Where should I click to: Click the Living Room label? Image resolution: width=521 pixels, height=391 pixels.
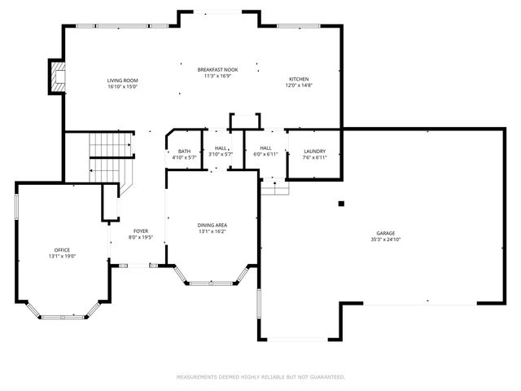[124, 80]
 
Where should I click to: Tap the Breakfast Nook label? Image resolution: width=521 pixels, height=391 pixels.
[217, 70]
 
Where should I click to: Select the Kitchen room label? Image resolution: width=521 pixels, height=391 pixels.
[299, 79]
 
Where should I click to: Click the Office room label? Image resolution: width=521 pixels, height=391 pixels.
[62, 250]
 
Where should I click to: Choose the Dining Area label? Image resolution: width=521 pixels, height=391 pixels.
[212, 225]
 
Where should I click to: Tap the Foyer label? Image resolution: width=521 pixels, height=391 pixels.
[141, 232]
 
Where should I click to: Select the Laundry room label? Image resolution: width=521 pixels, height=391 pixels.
[314, 151]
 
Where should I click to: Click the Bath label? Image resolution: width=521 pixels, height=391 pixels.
[184, 151]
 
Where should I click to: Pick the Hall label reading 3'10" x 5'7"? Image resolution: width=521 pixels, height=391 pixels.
[220, 154]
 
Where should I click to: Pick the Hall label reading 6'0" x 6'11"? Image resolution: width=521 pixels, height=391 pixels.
[265, 154]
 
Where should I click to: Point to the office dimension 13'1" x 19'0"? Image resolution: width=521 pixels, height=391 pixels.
[62, 257]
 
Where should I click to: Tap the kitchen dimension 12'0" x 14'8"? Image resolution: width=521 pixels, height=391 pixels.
[299, 86]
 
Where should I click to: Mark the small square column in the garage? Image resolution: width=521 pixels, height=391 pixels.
[342, 203]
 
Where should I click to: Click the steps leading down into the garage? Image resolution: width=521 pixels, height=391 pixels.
[274, 187]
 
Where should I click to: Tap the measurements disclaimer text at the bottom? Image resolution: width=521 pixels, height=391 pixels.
[260, 377]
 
